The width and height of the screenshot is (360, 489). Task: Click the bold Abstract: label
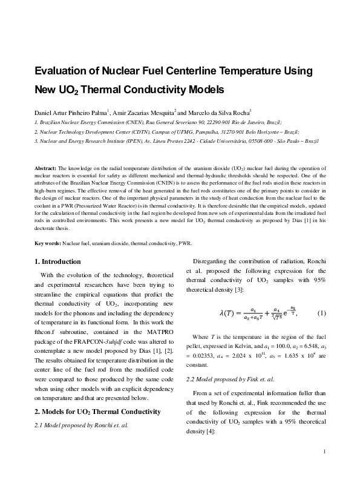click(x=45, y=166)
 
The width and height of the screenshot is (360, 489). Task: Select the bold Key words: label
click(x=48, y=243)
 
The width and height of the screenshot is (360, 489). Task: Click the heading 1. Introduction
click(x=57, y=261)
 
